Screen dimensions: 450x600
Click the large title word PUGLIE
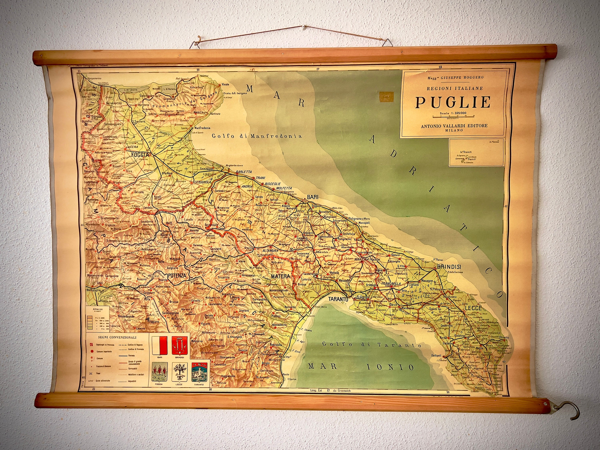453,102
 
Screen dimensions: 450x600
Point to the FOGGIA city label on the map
140,155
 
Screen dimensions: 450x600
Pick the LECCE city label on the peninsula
473,308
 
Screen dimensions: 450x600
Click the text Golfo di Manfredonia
257,136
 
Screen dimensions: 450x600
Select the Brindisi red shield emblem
181,345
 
